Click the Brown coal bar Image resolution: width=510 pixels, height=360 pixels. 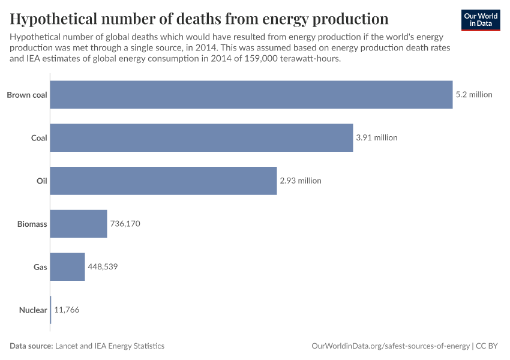251,94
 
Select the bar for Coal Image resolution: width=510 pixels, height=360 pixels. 201,137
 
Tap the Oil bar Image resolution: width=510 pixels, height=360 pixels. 163,181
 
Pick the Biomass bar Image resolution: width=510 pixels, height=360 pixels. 78,224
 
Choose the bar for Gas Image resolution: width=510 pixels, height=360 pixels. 67,267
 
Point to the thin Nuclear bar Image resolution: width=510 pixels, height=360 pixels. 50,310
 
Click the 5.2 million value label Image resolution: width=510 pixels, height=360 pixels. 474,94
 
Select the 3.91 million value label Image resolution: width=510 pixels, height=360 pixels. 377,137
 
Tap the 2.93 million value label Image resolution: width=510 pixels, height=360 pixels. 301,181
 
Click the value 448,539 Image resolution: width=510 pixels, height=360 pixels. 103,267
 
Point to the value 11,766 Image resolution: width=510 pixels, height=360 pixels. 67,310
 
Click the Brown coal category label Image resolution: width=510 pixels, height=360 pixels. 27,94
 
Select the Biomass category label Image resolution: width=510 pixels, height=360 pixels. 32,224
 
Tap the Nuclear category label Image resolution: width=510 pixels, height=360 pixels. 33,310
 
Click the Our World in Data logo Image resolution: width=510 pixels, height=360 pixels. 481,20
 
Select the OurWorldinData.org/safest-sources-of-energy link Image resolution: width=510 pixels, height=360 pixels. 391,346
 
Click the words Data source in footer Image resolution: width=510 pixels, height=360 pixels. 31,346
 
